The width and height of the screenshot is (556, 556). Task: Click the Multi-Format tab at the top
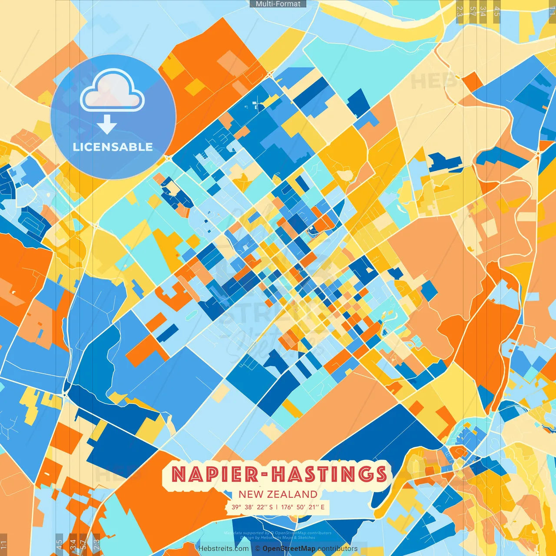[x=278, y=4]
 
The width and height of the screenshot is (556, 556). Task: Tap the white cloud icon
[x=112, y=92]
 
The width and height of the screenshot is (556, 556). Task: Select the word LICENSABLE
[x=113, y=147]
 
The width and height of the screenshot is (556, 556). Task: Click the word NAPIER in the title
[x=215, y=474]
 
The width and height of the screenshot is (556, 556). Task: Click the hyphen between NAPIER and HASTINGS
[x=265, y=475]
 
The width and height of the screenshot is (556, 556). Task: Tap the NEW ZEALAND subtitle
[x=278, y=494]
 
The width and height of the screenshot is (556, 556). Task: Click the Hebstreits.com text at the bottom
[x=223, y=549]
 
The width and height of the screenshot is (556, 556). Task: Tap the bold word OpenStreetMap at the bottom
[x=289, y=549]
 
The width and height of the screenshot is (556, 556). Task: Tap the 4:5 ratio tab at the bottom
[x=59, y=545]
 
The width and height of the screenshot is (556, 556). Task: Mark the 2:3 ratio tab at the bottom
[x=96, y=545]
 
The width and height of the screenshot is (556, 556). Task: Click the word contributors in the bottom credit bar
[x=338, y=549]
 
